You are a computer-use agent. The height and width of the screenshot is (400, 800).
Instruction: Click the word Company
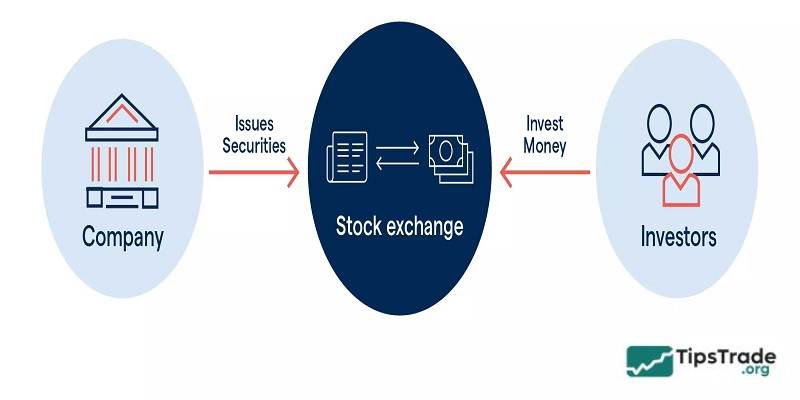pyautogui.click(x=123, y=238)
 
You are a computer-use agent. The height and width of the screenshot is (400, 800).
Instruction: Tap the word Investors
pyautogui.click(x=678, y=238)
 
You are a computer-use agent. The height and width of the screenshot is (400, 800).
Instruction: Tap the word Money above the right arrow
pyautogui.click(x=544, y=145)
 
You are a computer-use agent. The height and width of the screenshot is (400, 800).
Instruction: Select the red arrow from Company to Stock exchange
pyautogui.click(x=254, y=172)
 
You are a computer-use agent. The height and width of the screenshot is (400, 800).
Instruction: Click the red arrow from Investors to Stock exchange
pyautogui.click(x=546, y=172)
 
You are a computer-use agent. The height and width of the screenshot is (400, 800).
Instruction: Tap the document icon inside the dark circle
pyautogui.click(x=346, y=159)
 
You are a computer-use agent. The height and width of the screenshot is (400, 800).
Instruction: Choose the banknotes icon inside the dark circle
pyautogui.click(x=450, y=159)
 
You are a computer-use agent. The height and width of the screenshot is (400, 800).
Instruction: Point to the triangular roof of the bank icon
pyautogui.click(x=123, y=118)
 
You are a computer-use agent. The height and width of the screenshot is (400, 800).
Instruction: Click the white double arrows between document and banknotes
pyautogui.click(x=397, y=159)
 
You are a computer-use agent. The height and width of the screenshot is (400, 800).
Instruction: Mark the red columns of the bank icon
pyautogui.click(x=123, y=160)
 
